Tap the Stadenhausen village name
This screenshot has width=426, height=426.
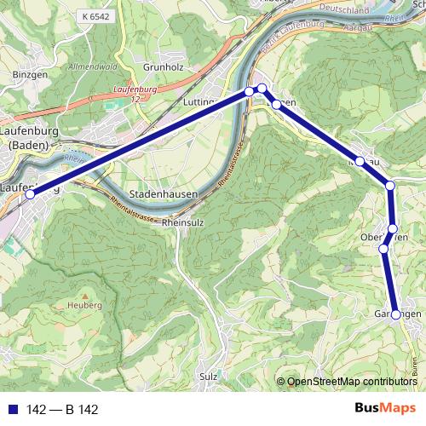coord(164,193)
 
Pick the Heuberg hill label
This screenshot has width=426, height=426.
coord(87,304)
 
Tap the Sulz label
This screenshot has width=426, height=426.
coord(208,376)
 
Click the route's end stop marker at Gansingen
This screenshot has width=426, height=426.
coord(396,314)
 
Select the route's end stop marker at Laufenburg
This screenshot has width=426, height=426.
coord(30,194)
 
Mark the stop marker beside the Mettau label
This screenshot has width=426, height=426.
coord(360,161)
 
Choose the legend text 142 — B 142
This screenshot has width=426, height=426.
coord(62,410)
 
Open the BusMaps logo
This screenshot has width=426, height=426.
coord(386,409)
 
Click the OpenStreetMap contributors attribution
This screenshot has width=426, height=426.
coord(352,382)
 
